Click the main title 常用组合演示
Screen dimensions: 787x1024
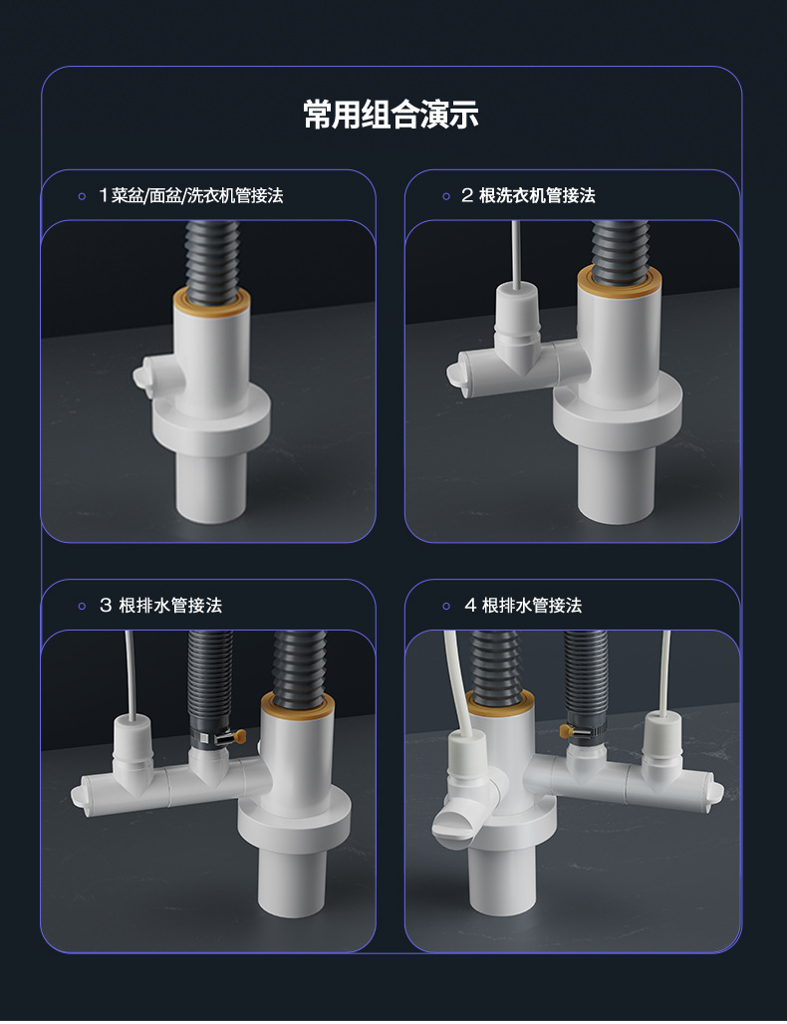tap(392, 115)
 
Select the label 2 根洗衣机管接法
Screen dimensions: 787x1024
tap(528, 195)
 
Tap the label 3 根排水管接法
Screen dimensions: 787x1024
tap(160, 606)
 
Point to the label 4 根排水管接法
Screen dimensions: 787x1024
tap(523, 606)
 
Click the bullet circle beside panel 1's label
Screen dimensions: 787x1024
tap(82, 196)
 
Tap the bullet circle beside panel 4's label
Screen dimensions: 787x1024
tap(446, 606)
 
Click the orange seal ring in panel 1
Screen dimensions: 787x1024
tap(211, 301)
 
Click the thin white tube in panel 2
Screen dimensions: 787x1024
tap(516, 255)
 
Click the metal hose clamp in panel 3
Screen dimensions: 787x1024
tap(219, 738)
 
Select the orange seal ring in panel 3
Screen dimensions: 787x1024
tap(299, 706)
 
